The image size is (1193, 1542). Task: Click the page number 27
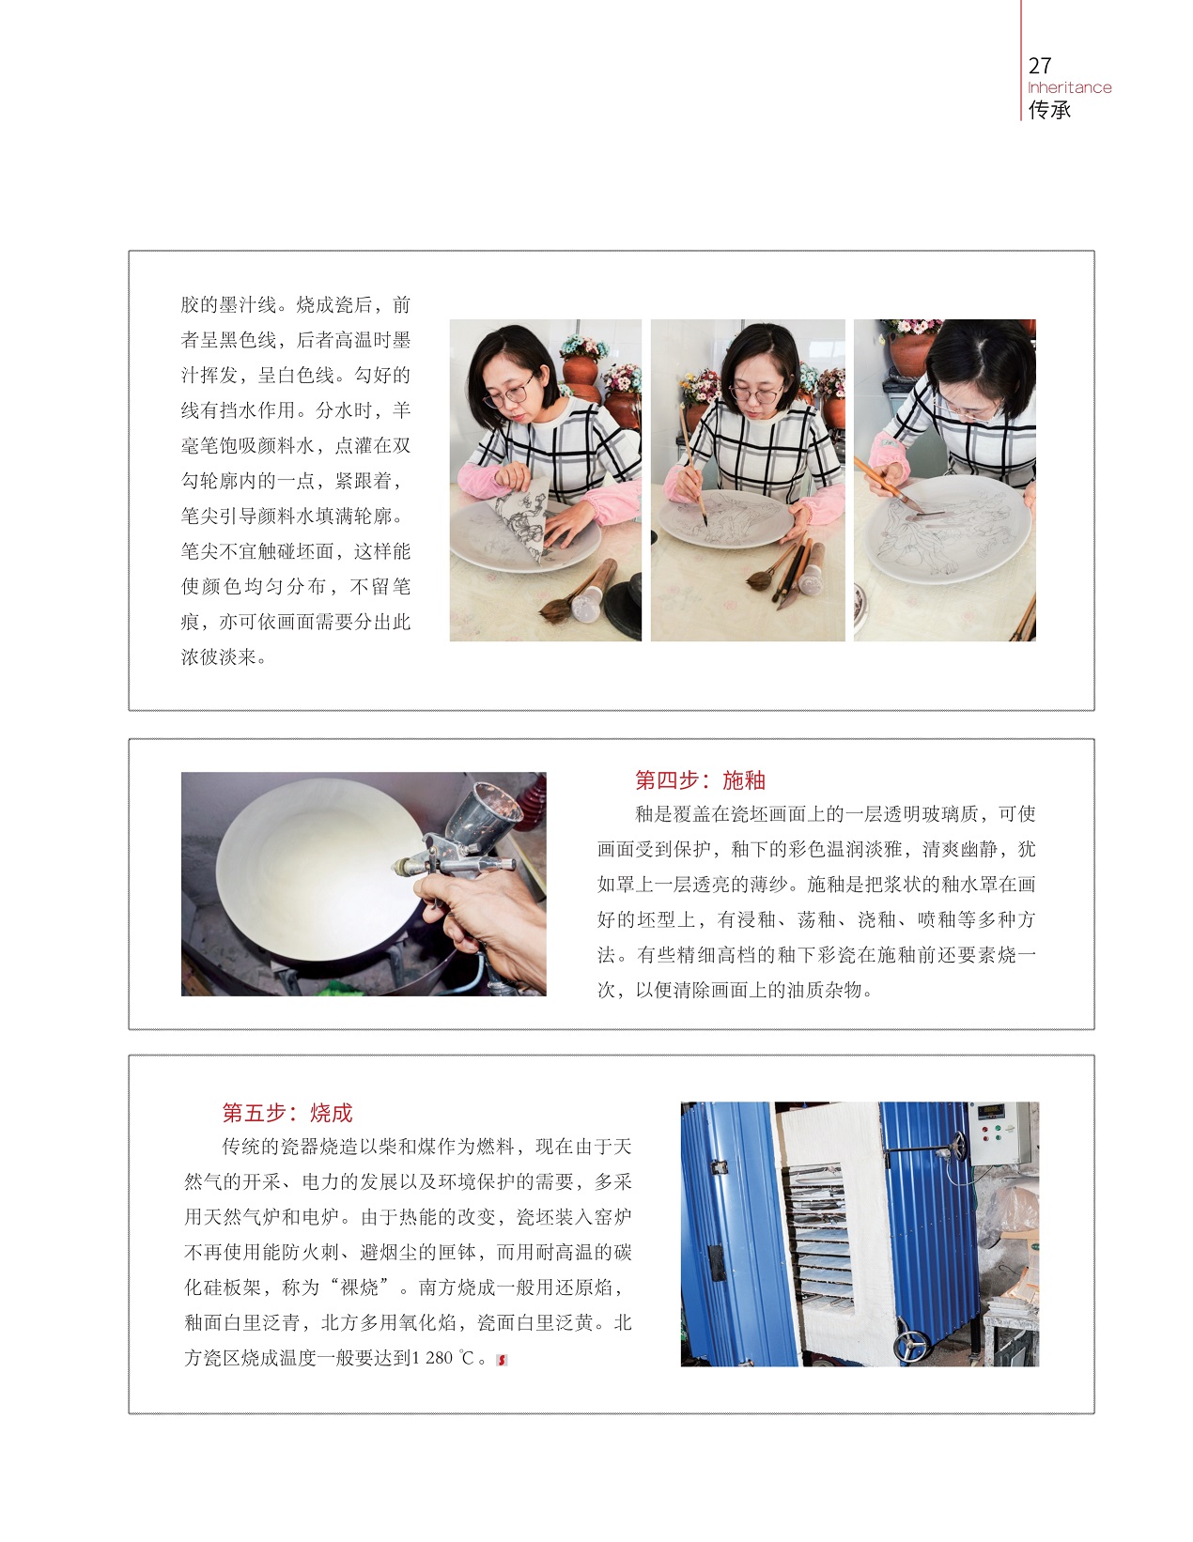click(x=1038, y=66)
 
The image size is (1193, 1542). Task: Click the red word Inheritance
click(x=1069, y=87)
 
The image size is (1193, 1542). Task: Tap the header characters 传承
click(x=1048, y=109)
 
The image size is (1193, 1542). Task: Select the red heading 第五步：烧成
click(x=287, y=1112)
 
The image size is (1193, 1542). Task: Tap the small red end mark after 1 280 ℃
click(x=502, y=1359)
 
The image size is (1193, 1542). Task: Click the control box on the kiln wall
click(x=999, y=1133)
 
